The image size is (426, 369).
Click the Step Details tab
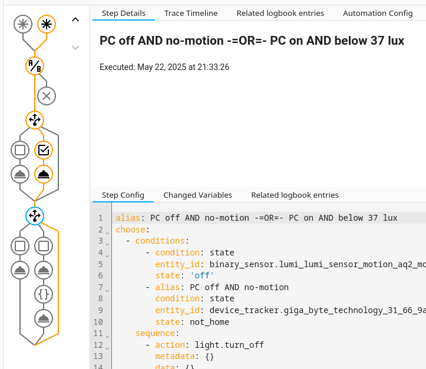click(x=124, y=13)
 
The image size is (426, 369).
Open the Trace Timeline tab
click(x=191, y=13)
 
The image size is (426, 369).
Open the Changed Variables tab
click(x=197, y=195)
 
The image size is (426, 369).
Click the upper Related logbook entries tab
click(x=280, y=13)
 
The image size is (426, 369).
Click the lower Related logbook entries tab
click(x=295, y=195)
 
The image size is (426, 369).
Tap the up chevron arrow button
click(x=75, y=19)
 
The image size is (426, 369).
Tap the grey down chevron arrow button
click(x=75, y=47)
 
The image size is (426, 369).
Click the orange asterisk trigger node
click(x=47, y=24)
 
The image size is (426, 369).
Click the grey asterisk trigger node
click(x=22, y=24)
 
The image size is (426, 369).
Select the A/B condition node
click(x=35, y=66)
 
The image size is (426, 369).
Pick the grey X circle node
click(x=47, y=95)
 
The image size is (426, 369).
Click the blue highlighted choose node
click(x=35, y=216)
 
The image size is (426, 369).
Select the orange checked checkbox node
click(x=44, y=150)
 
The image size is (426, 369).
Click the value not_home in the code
click(x=209, y=322)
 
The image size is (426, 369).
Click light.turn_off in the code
click(x=229, y=345)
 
